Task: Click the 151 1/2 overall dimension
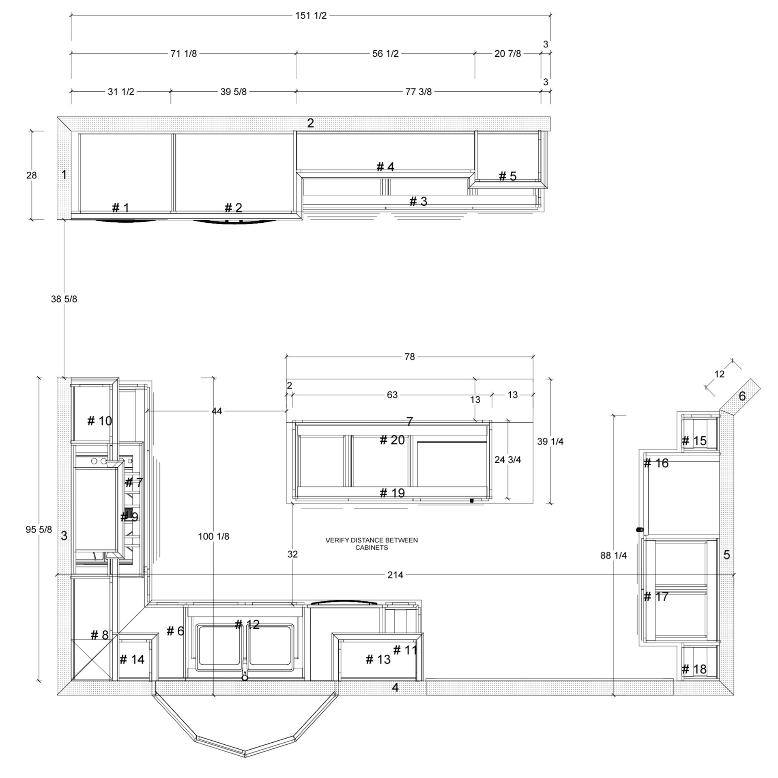311,16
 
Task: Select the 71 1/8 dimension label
183,54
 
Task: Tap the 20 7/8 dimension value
507,54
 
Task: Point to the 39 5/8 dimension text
233,92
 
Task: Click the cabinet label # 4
385,167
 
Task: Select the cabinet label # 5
507,176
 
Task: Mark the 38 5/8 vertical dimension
64,299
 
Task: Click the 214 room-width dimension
395,575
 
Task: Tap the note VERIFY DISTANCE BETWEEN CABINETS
372,544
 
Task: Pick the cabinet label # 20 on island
392,440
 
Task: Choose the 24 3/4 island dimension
507,460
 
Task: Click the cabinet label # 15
694,441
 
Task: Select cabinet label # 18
694,669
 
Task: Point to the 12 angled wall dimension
720,374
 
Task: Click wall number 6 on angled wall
742,396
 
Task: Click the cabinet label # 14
132,659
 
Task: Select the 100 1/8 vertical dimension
213,536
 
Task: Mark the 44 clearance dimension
217,411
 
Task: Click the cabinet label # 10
99,421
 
